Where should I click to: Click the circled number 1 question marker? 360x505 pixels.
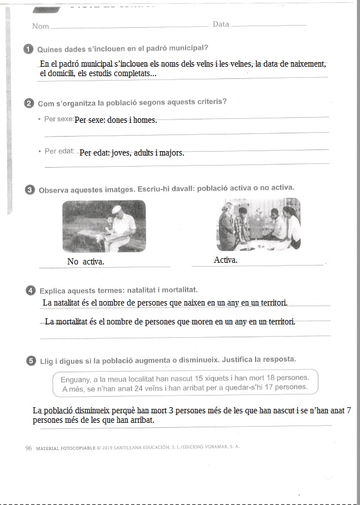tap(29, 49)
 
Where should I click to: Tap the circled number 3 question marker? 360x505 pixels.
tap(29, 190)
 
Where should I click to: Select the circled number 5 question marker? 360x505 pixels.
tap(31, 359)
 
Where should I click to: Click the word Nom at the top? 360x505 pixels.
tap(41, 26)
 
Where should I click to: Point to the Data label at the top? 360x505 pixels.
tap(221, 24)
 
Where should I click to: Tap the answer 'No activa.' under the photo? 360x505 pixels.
tap(86, 262)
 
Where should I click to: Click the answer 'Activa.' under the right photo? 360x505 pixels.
tap(226, 260)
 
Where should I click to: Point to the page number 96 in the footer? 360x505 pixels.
tap(29, 447)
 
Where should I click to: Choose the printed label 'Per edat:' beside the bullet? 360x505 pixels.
tap(59, 151)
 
